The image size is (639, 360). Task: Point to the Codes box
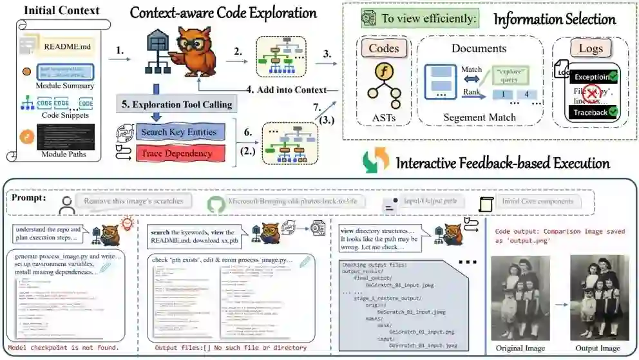pos(384,49)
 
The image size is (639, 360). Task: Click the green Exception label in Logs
pos(593,77)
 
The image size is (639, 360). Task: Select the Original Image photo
pos(521,297)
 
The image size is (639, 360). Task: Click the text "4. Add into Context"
pos(291,90)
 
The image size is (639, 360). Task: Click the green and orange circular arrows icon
pos(375,161)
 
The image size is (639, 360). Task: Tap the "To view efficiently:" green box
pos(420,19)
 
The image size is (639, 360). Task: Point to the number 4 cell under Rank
pos(528,94)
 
